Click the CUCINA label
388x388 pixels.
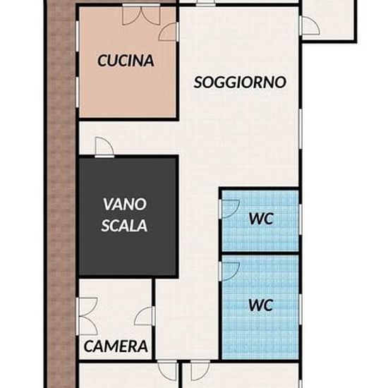click(126, 61)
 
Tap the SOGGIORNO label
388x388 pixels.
click(240, 82)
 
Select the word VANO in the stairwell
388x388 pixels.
click(125, 204)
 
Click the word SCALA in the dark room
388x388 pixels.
click(124, 226)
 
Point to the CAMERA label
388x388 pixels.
click(116, 346)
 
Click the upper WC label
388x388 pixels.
click(261, 219)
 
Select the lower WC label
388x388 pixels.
click(261, 305)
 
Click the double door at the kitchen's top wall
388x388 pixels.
click(141, 15)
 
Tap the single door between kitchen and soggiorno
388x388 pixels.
click(169, 32)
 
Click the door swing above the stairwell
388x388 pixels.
click(104, 147)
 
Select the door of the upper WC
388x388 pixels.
click(229, 210)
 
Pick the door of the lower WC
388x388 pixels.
click(229, 272)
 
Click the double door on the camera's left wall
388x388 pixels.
click(87, 316)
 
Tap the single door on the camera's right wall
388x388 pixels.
click(145, 316)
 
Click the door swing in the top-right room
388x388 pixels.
click(309, 25)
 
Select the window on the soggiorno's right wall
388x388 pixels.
click(301, 128)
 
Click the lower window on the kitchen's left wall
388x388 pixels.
click(77, 92)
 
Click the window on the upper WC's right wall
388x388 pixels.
click(301, 219)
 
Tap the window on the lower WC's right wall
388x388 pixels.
click(301, 309)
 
